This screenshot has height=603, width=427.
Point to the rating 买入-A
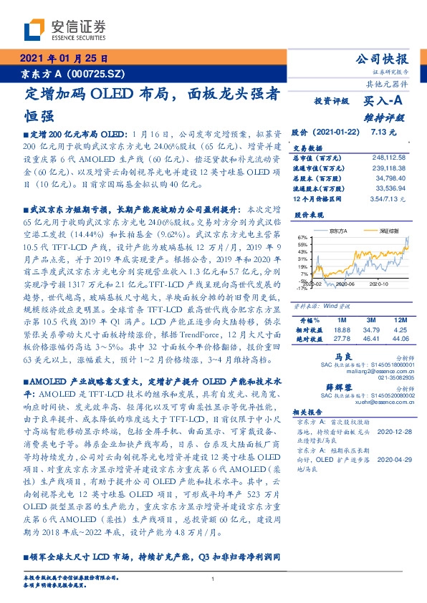pyautogui.click(x=382, y=102)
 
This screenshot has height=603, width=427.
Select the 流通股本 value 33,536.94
pyautogui.click(x=391, y=188)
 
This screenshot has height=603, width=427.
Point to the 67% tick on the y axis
pyautogui.click(x=302, y=237)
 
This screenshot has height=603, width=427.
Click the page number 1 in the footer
pyautogui.click(x=213, y=580)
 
